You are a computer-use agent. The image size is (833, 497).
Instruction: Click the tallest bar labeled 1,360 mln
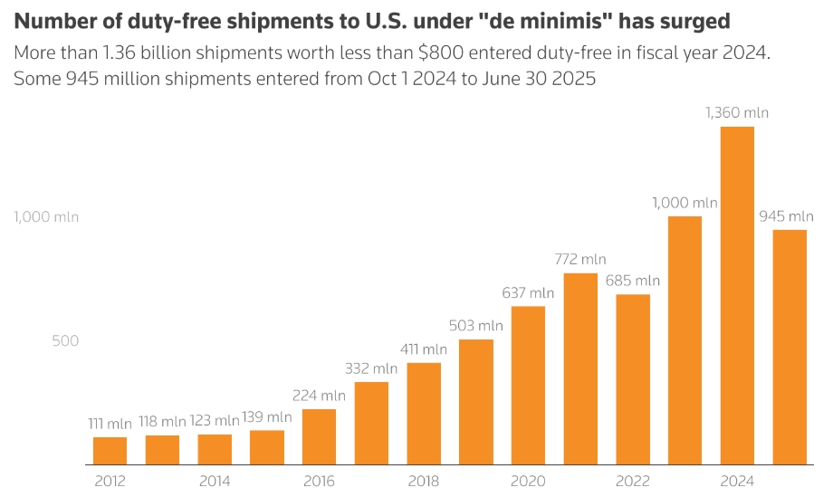(737, 295)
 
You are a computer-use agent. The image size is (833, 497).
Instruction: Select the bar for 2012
(110, 450)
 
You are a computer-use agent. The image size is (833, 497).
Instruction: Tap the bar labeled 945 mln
(790, 347)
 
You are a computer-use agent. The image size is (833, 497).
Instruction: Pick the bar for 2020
(528, 385)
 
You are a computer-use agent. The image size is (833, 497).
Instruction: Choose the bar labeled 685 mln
(633, 378)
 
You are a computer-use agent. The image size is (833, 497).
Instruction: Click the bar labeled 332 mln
(371, 423)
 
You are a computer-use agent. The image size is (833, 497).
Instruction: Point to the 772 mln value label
(580, 259)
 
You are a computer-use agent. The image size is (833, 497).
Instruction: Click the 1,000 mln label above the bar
(685, 203)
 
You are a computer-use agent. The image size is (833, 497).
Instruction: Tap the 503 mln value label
(475, 325)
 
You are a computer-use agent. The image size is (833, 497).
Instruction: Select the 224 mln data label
(319, 395)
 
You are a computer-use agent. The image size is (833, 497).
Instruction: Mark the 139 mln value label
(267, 416)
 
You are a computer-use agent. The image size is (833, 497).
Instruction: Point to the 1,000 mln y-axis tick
(45, 217)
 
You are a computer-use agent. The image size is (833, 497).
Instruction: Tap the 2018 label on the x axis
(424, 481)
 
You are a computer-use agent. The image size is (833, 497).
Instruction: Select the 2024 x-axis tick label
(737, 481)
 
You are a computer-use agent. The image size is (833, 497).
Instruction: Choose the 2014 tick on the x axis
(215, 481)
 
